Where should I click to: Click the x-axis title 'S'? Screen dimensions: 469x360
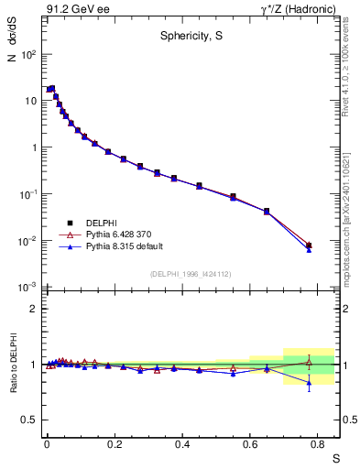point(335,457)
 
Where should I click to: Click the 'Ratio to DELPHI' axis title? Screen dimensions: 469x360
point(12,363)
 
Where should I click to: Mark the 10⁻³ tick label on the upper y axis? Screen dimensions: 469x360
point(27,288)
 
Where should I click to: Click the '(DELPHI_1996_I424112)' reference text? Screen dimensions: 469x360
point(191,273)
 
